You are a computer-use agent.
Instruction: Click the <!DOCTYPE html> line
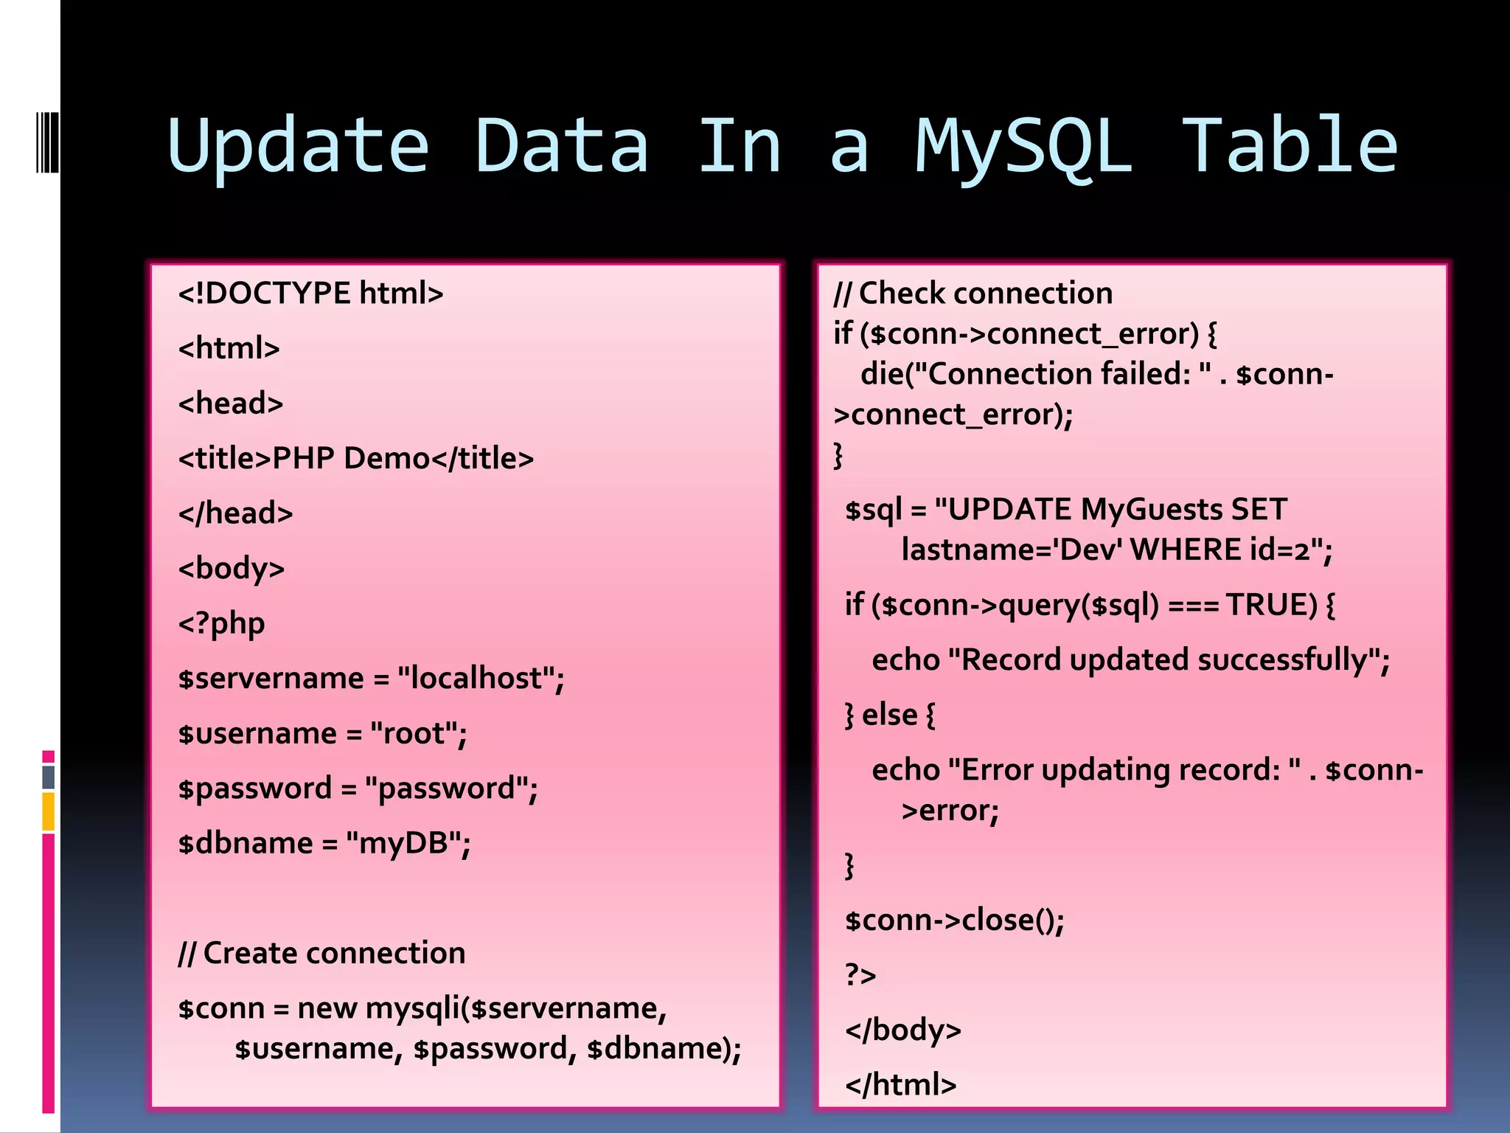(310, 294)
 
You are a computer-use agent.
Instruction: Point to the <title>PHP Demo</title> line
(355, 459)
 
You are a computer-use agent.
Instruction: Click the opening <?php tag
(221, 624)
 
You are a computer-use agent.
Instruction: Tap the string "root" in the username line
(418, 734)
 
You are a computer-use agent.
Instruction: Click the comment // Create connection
(321, 953)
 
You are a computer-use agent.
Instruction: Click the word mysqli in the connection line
(412, 1008)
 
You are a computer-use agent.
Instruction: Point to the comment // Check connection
(973, 294)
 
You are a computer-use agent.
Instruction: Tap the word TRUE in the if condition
(1270, 605)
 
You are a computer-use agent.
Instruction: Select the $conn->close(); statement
(954, 921)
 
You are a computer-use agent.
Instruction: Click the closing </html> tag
(900, 1085)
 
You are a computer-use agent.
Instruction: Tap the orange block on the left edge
(49, 811)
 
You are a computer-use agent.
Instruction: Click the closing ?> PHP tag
(860, 976)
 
